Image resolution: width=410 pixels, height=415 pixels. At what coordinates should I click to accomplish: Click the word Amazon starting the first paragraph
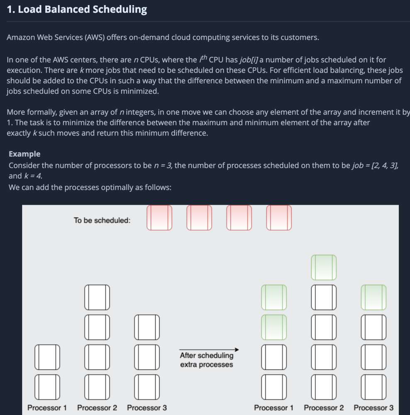pos(21,37)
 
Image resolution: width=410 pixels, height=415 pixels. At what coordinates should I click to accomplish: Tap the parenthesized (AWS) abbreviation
pos(95,37)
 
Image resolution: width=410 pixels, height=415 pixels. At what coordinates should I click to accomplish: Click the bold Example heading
pos(24,154)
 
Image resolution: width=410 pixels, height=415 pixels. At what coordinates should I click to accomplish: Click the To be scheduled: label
pos(102,220)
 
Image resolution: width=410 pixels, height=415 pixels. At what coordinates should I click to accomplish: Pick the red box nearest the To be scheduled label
pos(159,217)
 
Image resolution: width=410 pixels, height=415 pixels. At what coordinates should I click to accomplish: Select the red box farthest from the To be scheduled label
pos(279,217)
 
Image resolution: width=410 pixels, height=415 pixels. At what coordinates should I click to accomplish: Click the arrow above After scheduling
pos(209,349)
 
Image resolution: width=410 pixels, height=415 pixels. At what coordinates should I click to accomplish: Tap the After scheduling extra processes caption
pos(207,360)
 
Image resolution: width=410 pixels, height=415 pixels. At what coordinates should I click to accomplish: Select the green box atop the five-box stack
pos(324,267)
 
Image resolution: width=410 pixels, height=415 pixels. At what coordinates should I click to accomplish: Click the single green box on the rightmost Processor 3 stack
pos(373,297)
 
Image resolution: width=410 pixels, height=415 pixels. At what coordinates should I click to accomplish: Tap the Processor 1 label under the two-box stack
pos(47,408)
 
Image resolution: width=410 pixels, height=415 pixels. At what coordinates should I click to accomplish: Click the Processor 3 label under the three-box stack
pos(147,408)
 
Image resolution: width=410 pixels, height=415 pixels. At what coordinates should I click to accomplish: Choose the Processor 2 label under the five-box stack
pos(324,408)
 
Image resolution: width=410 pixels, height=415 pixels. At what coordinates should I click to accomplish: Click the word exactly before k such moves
pos(18,133)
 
